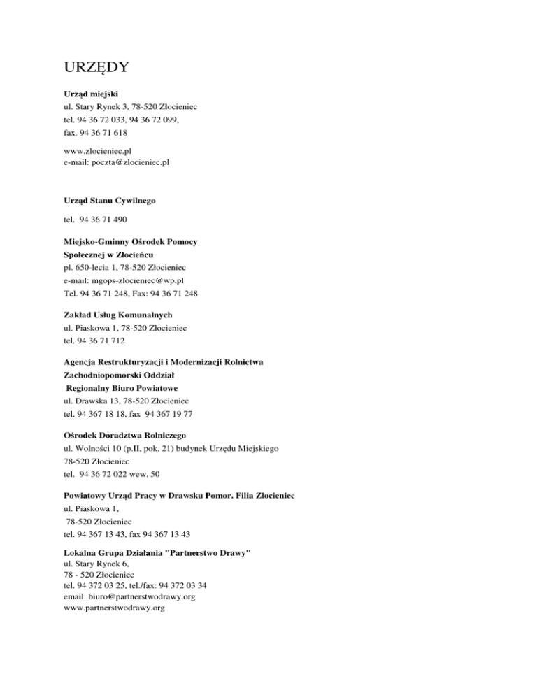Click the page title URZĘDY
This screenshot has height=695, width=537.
tap(94, 69)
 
